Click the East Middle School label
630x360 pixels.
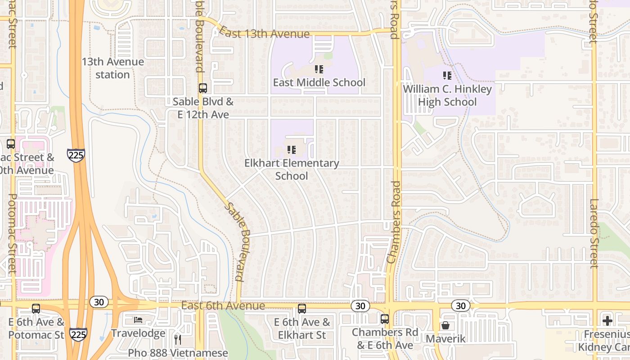click(319, 82)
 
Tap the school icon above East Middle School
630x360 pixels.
click(319, 69)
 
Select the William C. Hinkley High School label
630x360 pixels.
click(447, 95)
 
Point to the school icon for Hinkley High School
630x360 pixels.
click(447, 76)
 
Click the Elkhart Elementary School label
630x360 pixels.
click(292, 169)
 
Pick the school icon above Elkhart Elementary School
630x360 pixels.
click(292, 149)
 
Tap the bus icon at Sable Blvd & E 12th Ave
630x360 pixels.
click(203, 88)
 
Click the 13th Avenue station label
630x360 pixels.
click(112, 68)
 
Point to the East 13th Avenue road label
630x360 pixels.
click(265, 34)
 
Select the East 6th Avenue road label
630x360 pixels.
click(223, 306)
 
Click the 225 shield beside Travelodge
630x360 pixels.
click(78, 334)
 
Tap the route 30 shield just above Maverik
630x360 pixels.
click(460, 306)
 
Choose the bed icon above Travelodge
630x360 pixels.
click(138, 320)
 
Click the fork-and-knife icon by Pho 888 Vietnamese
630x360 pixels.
click(178, 339)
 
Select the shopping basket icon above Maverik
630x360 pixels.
click(445, 325)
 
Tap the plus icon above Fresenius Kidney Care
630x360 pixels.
click(607, 321)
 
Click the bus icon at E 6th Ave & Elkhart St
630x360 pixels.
click(302, 309)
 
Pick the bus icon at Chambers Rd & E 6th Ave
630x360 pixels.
click(385, 319)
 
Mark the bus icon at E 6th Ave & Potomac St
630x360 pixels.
click(36, 309)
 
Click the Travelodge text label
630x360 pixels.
click(138, 333)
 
